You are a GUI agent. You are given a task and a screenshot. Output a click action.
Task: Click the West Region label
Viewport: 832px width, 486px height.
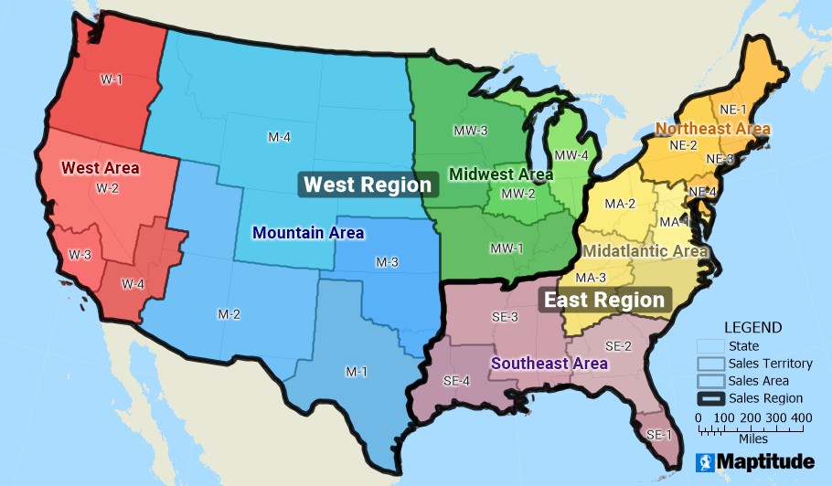(x=368, y=185)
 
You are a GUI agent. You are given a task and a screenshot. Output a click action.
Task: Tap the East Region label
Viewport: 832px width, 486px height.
(x=604, y=300)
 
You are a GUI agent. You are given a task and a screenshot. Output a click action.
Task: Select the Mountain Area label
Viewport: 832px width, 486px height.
(x=308, y=233)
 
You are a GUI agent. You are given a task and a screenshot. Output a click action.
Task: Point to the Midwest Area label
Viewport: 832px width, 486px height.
(x=501, y=174)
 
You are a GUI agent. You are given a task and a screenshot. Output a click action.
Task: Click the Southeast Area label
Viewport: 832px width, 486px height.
(x=549, y=363)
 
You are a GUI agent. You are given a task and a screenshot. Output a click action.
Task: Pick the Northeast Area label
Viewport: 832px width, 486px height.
(x=713, y=129)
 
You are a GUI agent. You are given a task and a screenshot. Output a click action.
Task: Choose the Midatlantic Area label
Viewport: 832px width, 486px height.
(x=645, y=250)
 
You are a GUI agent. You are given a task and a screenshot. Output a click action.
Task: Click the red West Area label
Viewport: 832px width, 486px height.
(x=100, y=168)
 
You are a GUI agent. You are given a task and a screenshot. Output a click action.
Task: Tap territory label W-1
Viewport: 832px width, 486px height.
(x=112, y=79)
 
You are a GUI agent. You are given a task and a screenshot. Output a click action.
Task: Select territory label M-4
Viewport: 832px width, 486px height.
(x=280, y=137)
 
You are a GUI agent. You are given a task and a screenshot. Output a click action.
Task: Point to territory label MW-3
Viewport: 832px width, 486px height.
(x=470, y=131)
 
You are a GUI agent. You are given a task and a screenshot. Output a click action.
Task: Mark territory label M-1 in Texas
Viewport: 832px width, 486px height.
(x=357, y=372)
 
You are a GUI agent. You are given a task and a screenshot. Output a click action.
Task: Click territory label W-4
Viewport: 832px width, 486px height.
(x=133, y=283)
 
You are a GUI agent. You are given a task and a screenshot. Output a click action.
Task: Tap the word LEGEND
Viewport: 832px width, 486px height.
(x=752, y=327)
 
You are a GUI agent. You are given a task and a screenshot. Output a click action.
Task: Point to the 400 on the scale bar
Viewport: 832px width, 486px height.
(x=801, y=417)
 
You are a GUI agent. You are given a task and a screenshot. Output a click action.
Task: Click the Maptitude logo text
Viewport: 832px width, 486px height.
(x=764, y=462)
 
